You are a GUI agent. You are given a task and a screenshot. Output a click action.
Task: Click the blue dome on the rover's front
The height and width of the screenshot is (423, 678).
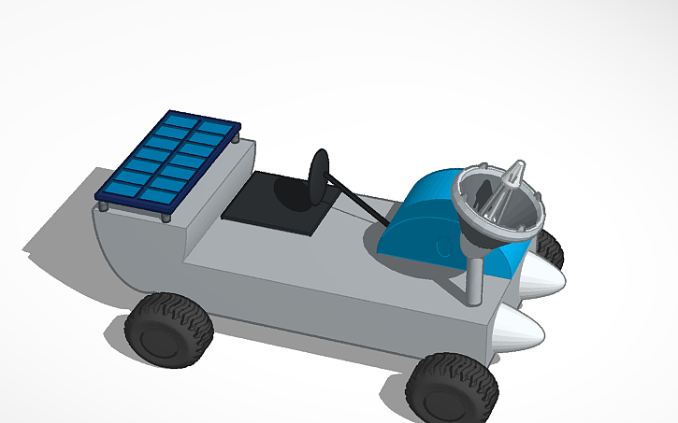[426, 219]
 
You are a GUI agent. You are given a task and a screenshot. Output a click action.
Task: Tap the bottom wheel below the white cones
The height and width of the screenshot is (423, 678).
[453, 388]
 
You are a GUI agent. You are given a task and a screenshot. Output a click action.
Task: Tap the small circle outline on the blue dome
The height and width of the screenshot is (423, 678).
[440, 249]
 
